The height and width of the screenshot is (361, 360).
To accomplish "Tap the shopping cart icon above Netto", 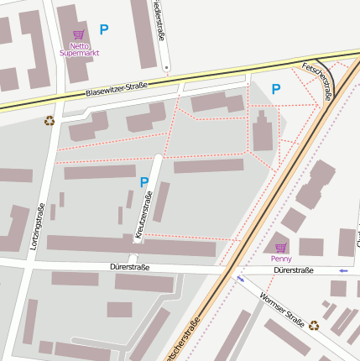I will (79, 35).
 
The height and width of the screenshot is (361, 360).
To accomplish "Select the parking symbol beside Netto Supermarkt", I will (104, 29).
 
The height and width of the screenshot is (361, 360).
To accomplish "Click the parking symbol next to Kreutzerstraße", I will (144, 182).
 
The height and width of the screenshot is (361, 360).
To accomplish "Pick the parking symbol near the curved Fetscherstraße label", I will (276, 88).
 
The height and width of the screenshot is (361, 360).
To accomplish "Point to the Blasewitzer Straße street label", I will (117, 88).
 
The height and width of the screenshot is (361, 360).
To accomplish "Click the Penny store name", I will (282, 259).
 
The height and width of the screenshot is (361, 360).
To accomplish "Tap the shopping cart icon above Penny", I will (281, 247).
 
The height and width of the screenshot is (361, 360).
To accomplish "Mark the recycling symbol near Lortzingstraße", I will (50, 121).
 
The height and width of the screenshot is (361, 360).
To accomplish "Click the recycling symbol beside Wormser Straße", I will (314, 325).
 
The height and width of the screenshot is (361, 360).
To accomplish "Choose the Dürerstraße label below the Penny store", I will (293, 270).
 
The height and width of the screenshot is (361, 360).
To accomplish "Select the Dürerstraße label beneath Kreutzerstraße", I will (129, 267).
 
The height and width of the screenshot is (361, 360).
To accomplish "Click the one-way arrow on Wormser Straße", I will (240, 279).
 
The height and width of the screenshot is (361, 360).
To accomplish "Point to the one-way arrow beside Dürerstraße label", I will (342, 270).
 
